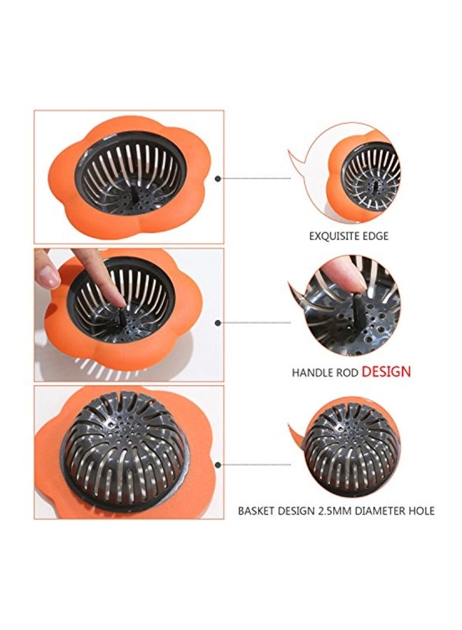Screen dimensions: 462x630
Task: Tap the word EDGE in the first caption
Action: point(376,236)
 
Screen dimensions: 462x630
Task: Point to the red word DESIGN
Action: point(386,371)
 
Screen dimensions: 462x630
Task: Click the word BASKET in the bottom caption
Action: point(257,511)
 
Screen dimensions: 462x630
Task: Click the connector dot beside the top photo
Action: point(218,178)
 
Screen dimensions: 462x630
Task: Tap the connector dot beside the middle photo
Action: point(218,323)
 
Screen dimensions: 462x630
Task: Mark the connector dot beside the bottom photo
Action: point(218,465)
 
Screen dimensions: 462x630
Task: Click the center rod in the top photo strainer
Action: point(134,196)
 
